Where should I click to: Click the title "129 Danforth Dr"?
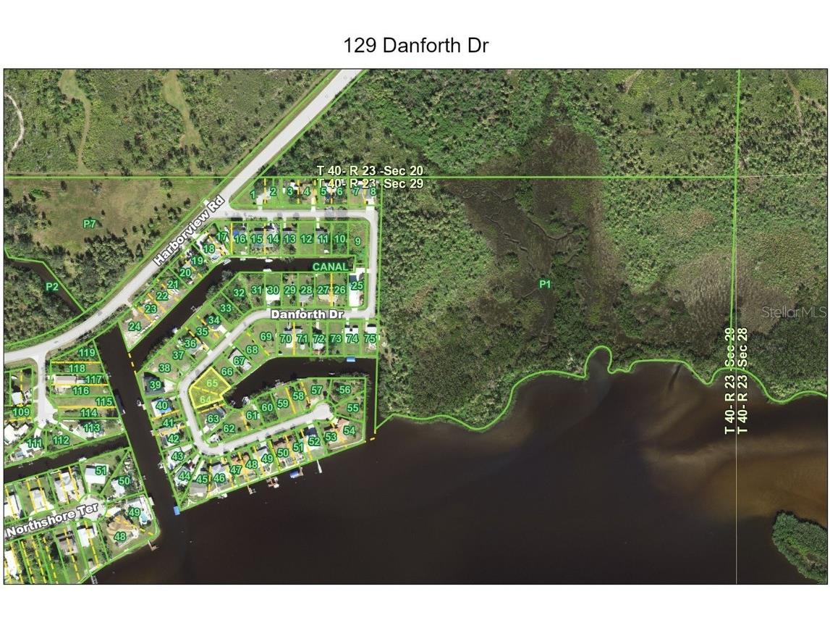[416, 46]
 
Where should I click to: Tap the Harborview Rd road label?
[186, 233]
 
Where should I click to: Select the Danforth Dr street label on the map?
[307, 315]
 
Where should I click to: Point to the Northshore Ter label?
[51, 521]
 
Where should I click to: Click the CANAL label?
[331, 267]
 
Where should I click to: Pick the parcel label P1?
[545, 285]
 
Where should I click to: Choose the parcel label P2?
[52, 287]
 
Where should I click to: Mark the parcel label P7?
[89, 224]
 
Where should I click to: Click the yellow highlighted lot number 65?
[212, 382]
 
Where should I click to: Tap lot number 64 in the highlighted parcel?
[205, 399]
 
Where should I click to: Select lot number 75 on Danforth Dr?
[370, 338]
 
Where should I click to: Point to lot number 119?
[88, 354]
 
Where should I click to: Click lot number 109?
[21, 412]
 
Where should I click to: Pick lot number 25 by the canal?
[357, 285]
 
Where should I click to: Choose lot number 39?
[156, 385]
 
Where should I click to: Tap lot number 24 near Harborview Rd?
[135, 327]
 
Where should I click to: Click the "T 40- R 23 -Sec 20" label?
[370, 170]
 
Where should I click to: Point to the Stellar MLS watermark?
[794, 312]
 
